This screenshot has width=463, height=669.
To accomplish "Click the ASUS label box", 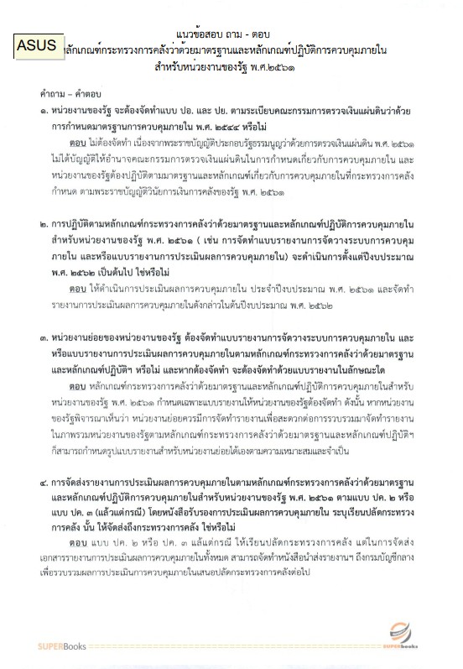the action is tap(37, 46).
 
